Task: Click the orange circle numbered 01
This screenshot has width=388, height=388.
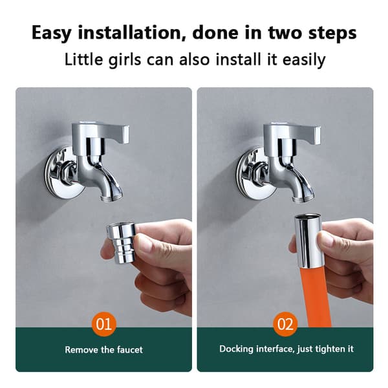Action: pos(104,324)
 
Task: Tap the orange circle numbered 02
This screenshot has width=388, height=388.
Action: pos(285,324)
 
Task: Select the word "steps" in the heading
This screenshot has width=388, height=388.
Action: pos(332,34)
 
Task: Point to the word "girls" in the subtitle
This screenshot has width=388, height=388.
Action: pos(125,60)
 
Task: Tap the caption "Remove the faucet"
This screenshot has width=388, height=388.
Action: pos(104,350)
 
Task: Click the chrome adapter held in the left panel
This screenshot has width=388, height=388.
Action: pos(122,242)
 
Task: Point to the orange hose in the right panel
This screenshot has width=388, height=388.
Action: pos(316,297)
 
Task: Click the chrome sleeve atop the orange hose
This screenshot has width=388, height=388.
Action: pos(308,241)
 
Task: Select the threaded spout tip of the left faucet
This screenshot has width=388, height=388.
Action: pos(112,197)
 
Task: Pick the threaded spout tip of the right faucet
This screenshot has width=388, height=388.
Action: pos(303,198)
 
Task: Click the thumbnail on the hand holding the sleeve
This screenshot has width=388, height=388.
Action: pos(325,238)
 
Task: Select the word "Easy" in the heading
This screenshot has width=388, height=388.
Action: pos(52,34)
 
